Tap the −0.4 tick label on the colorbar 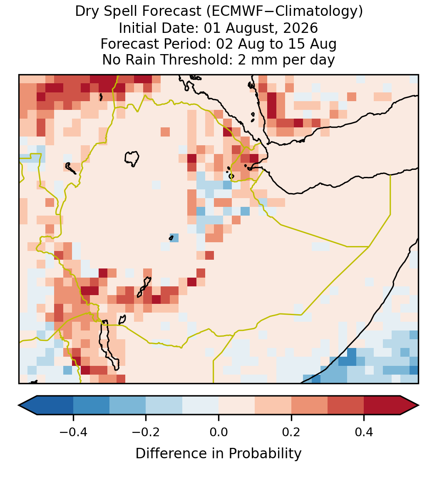[73, 432]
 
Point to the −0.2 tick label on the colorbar [146, 432]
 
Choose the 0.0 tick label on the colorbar [218, 432]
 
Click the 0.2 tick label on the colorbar [291, 432]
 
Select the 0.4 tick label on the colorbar [364, 432]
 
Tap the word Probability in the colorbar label [265, 454]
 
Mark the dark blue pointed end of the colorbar [28, 405]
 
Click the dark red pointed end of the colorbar [410, 405]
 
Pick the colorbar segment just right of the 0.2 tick [309, 405]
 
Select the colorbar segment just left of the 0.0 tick [201, 405]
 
